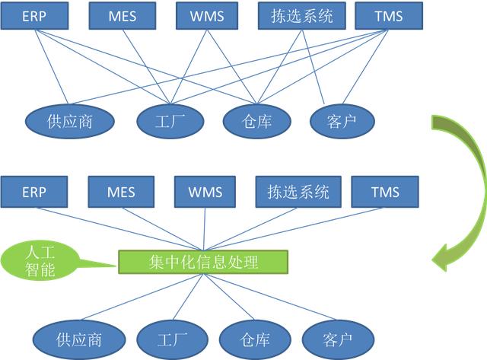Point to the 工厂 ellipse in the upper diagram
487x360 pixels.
tap(170, 120)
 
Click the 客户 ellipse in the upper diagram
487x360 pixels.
tap(342, 120)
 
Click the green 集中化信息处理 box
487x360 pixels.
tap(204, 263)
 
